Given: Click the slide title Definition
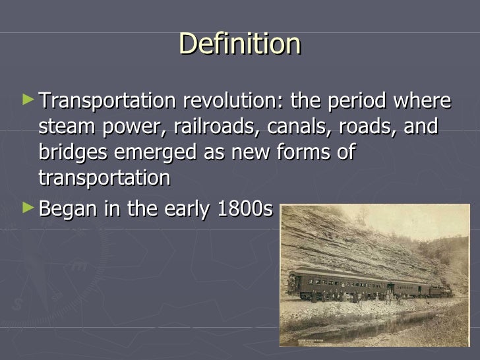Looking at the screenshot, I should [x=239, y=44].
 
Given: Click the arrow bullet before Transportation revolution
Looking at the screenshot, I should [x=26, y=100].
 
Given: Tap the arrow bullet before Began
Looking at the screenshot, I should [x=26, y=208].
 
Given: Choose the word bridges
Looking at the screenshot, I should [x=74, y=153].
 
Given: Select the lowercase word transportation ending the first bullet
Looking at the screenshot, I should [x=104, y=178].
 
